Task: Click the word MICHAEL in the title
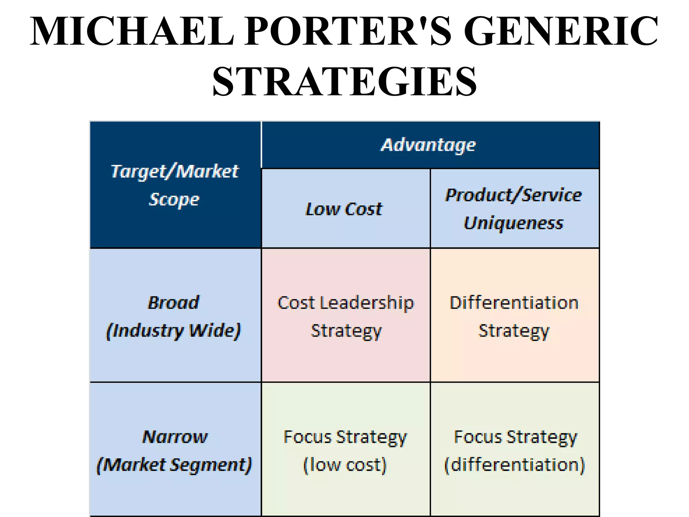(x=132, y=31)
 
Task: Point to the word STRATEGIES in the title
(x=344, y=81)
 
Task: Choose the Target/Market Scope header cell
(x=175, y=185)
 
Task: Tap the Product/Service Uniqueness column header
(x=514, y=209)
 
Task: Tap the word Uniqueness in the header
(x=514, y=223)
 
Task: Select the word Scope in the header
(x=174, y=199)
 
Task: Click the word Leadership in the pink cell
(x=367, y=303)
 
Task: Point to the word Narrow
(x=175, y=437)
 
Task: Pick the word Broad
(x=174, y=302)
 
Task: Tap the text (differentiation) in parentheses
(x=515, y=465)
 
